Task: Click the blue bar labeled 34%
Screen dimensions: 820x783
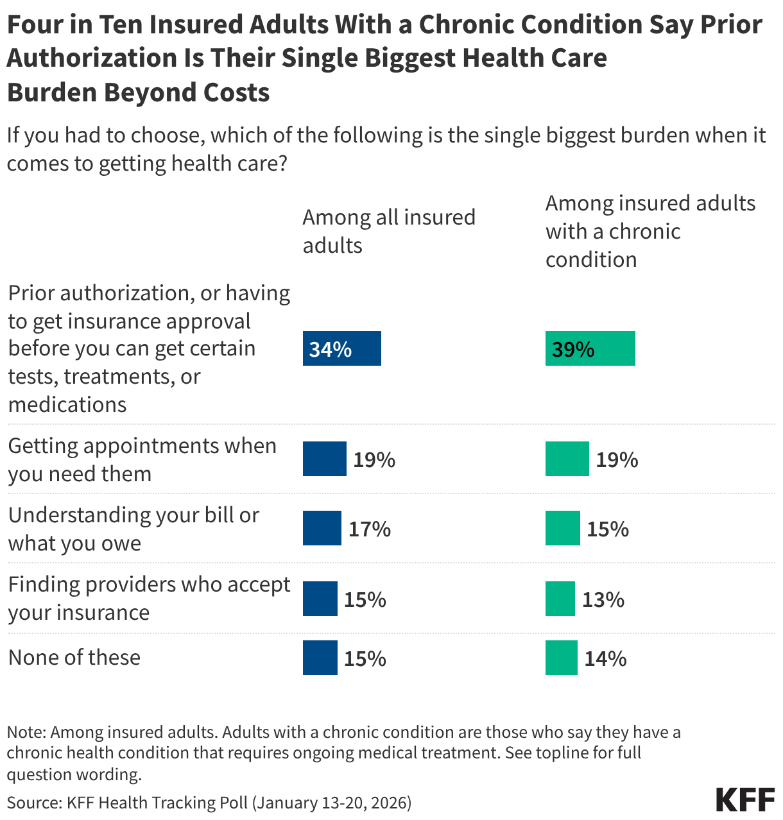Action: [341, 348]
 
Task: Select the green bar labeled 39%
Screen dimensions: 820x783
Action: [590, 348]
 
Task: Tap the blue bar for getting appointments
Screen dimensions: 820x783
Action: [324, 459]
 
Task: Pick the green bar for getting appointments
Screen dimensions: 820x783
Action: [567, 459]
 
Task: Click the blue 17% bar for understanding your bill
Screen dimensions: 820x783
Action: [322, 528]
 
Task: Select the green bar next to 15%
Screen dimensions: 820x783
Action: [562, 528]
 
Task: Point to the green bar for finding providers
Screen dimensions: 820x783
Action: [560, 599]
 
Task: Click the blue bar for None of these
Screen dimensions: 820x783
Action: [320, 658]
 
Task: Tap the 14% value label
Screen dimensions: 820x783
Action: [605, 658]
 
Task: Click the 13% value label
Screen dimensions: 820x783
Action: [603, 599]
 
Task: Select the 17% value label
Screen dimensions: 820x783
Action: [369, 529]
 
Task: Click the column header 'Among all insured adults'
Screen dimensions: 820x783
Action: [388, 231]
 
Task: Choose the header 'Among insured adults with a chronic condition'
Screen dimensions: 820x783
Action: [650, 231]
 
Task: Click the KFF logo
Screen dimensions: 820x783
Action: [744, 799]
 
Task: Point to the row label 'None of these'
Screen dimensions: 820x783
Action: [74, 657]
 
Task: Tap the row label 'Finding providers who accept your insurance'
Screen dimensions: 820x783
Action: [149, 598]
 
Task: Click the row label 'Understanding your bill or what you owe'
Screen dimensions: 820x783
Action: [133, 529]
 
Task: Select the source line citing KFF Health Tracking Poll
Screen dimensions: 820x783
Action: [209, 802]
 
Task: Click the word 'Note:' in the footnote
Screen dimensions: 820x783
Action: [26, 732]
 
